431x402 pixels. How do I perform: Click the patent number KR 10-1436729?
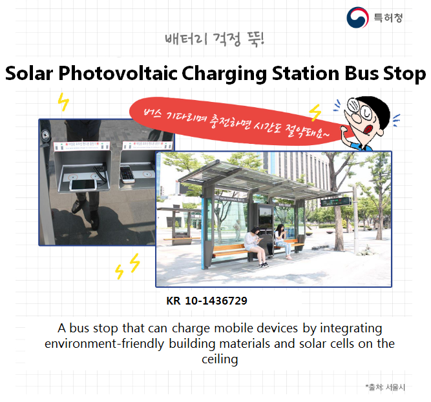[x=207, y=301]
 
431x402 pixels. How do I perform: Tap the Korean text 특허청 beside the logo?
[x=388, y=17]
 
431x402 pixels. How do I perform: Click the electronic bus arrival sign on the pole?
[x=337, y=201]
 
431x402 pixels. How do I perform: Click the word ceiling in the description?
[x=220, y=359]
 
